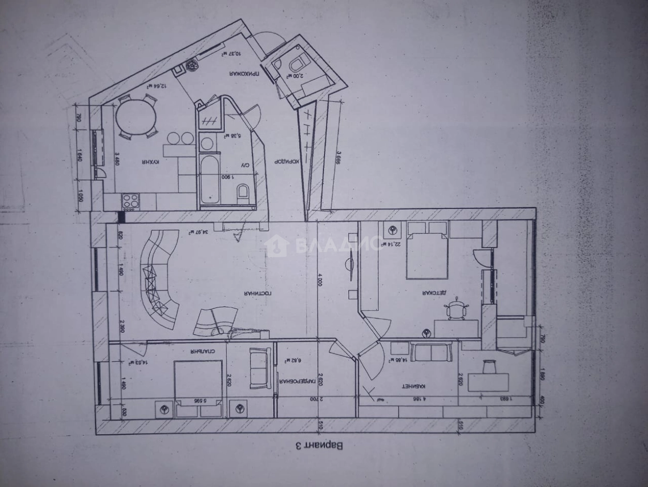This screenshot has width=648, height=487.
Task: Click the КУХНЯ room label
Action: pyautogui.click(x=149, y=162)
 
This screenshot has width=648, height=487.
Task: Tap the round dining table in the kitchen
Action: pyautogui.click(x=136, y=117)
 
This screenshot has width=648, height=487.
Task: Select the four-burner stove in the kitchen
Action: pyautogui.click(x=130, y=201)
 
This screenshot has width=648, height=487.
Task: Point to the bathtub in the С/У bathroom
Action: pyautogui.click(x=210, y=180)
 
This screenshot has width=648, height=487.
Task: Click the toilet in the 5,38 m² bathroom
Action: pyautogui.click(x=243, y=194)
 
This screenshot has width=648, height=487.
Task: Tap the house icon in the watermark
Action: pyautogui.click(x=276, y=245)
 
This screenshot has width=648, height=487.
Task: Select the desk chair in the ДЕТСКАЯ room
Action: pyautogui.click(x=457, y=309)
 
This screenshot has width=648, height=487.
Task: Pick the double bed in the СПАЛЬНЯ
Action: pyautogui.click(x=198, y=387)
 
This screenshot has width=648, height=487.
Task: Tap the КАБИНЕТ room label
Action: pyautogui.click(x=414, y=387)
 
